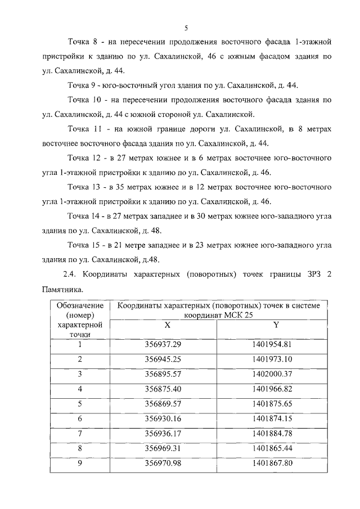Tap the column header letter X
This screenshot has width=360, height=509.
click(x=167, y=325)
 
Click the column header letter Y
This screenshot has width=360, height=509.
click(x=276, y=325)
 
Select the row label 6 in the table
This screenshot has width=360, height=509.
click(x=80, y=418)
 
